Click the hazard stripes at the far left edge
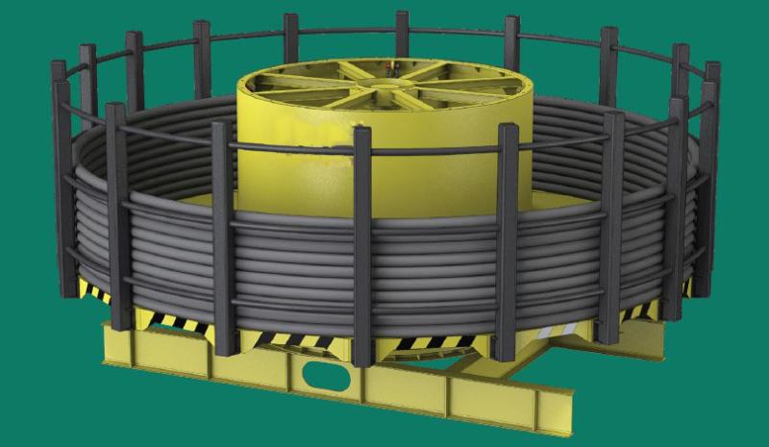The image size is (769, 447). tap(91, 289)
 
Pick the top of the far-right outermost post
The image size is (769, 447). tap(712, 69)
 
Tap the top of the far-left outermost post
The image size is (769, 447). tap(59, 67)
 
